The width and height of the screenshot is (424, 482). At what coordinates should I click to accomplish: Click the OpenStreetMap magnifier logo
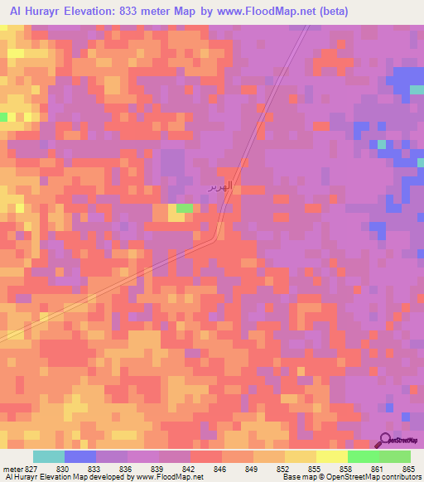coord(385,439)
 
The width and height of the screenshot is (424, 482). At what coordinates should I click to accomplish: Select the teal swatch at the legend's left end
coord(49,456)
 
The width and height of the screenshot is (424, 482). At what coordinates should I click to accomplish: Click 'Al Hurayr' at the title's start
coord(29,11)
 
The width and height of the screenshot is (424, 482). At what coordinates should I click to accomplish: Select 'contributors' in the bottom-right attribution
coord(402,478)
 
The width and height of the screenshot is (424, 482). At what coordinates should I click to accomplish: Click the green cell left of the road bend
coord(185,208)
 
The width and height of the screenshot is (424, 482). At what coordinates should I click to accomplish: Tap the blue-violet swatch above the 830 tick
coord(80,456)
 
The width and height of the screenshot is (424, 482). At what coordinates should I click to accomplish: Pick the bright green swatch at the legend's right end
coord(394,456)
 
